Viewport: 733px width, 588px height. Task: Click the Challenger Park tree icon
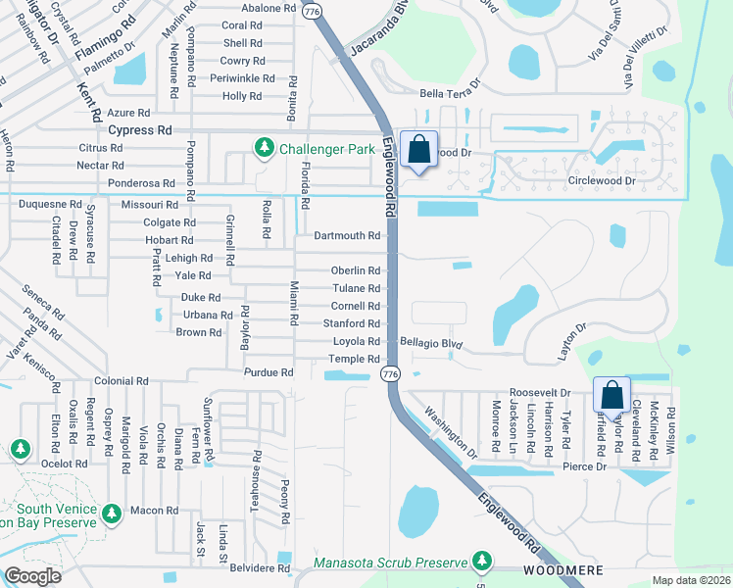pyautogui.click(x=264, y=149)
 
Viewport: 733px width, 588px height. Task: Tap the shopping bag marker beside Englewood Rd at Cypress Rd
pyautogui.click(x=418, y=151)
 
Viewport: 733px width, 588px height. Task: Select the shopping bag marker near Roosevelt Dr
pyautogui.click(x=611, y=397)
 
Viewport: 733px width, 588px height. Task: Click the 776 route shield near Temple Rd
pyautogui.click(x=391, y=374)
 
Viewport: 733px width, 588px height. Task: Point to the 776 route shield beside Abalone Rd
pyautogui.click(x=312, y=10)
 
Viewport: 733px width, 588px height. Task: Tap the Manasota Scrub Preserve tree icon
pyautogui.click(x=481, y=562)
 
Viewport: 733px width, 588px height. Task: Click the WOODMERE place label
pyautogui.click(x=562, y=569)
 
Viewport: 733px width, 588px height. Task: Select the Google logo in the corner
pyautogui.click(x=31, y=576)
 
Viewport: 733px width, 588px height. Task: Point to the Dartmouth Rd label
pyautogui.click(x=347, y=236)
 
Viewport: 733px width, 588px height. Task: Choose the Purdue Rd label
pyautogui.click(x=269, y=372)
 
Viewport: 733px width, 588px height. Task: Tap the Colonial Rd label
pyautogui.click(x=121, y=380)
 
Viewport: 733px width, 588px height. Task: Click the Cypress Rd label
pyautogui.click(x=139, y=129)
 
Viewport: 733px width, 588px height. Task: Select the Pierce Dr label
pyautogui.click(x=585, y=467)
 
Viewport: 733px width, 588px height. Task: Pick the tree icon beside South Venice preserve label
pyautogui.click(x=112, y=514)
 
